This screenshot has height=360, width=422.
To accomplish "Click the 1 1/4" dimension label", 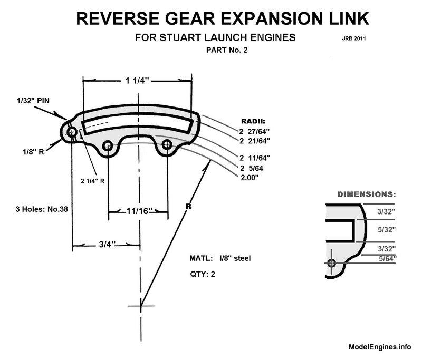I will tap(137, 80).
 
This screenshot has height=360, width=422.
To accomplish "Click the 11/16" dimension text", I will tap(138, 212).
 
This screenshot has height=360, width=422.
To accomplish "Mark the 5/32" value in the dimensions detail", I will tap(387, 230).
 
